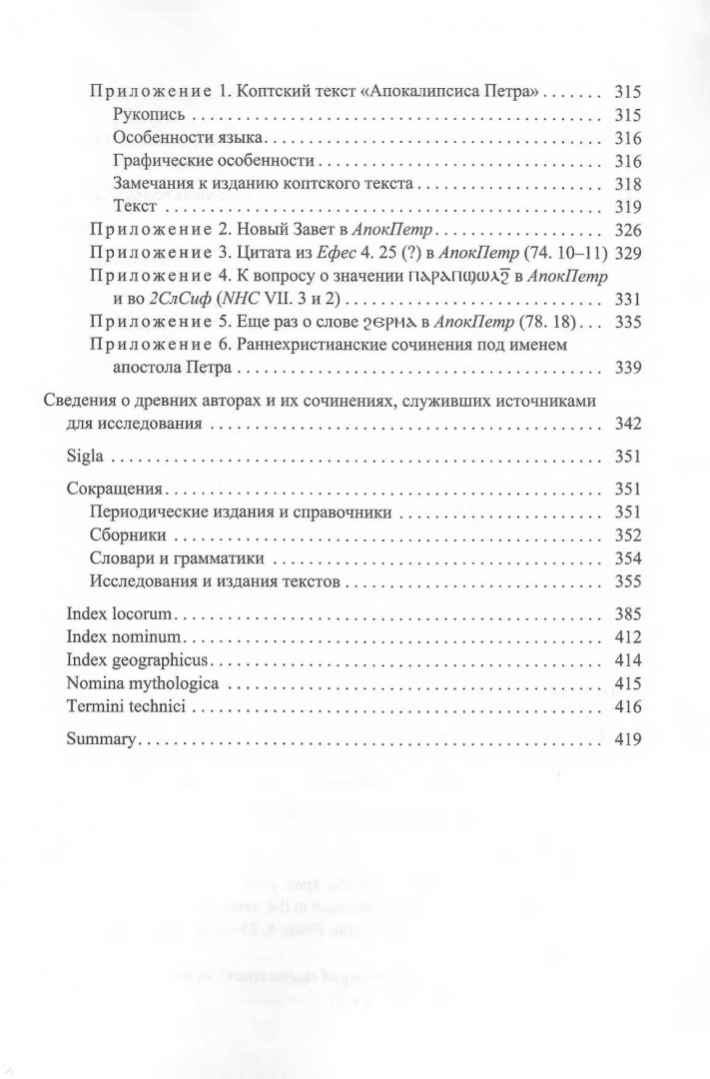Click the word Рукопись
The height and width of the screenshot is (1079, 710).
pyautogui.click(x=149, y=115)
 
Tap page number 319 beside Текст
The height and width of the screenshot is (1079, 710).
pyautogui.click(x=627, y=207)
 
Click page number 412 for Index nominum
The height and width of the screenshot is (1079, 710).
pyautogui.click(x=627, y=636)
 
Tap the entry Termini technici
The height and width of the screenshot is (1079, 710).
pyautogui.click(x=118, y=708)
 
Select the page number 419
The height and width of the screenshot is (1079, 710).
pyautogui.click(x=627, y=740)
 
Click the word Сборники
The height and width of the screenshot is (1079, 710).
pyautogui.click(x=128, y=537)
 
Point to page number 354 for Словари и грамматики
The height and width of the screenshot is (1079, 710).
pyautogui.click(x=627, y=559)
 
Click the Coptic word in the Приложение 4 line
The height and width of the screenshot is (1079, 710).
pyautogui.click(x=468, y=277)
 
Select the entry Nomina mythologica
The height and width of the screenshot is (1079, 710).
pyautogui.click(x=129, y=684)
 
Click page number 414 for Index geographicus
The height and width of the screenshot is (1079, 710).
pyautogui.click(x=627, y=660)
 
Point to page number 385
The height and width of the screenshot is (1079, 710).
pyautogui.click(x=627, y=612)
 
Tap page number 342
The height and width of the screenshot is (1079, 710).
pyautogui.click(x=627, y=424)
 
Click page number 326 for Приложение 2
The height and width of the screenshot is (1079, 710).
pyautogui.click(x=627, y=230)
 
